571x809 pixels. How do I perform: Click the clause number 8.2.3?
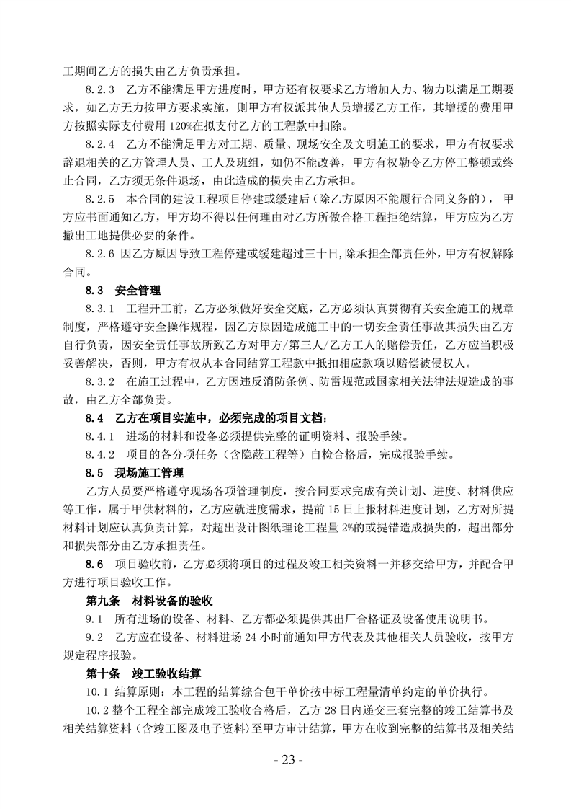[x=100, y=92]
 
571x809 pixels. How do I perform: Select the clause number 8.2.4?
[x=100, y=146]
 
